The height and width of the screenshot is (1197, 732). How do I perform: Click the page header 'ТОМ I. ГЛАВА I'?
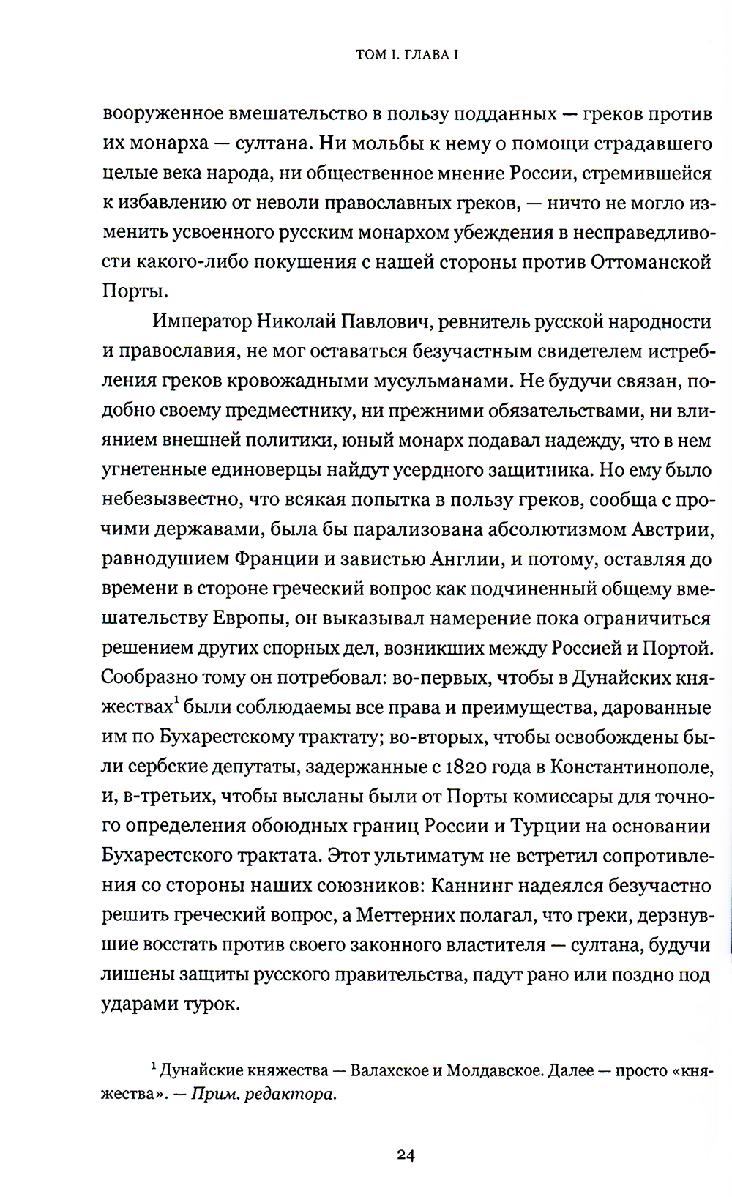[x=407, y=55]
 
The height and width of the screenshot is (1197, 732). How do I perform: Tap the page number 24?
[x=406, y=1156]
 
